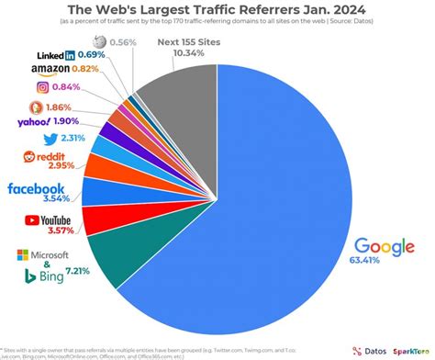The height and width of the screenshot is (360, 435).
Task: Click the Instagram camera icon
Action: tap(41, 87)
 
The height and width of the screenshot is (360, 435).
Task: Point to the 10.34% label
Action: tap(188, 55)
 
